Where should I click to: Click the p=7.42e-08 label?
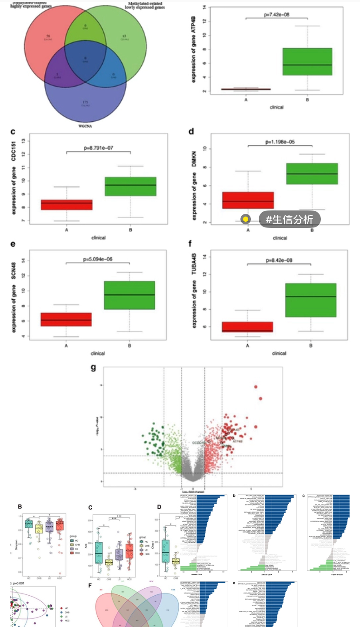(x=276, y=14)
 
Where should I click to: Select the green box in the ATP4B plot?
(x=307, y=61)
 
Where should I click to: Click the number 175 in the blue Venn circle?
(x=85, y=102)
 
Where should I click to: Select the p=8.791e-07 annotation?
(x=98, y=148)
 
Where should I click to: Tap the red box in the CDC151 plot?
(x=67, y=204)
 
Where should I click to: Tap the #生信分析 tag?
(x=290, y=220)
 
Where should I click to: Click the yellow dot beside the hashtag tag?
(x=246, y=219)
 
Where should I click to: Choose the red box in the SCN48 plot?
(x=66, y=319)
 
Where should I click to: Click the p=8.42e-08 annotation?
(x=279, y=260)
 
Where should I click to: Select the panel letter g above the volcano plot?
(x=93, y=367)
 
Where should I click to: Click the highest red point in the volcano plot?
(x=256, y=387)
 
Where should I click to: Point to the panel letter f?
(x=190, y=244)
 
